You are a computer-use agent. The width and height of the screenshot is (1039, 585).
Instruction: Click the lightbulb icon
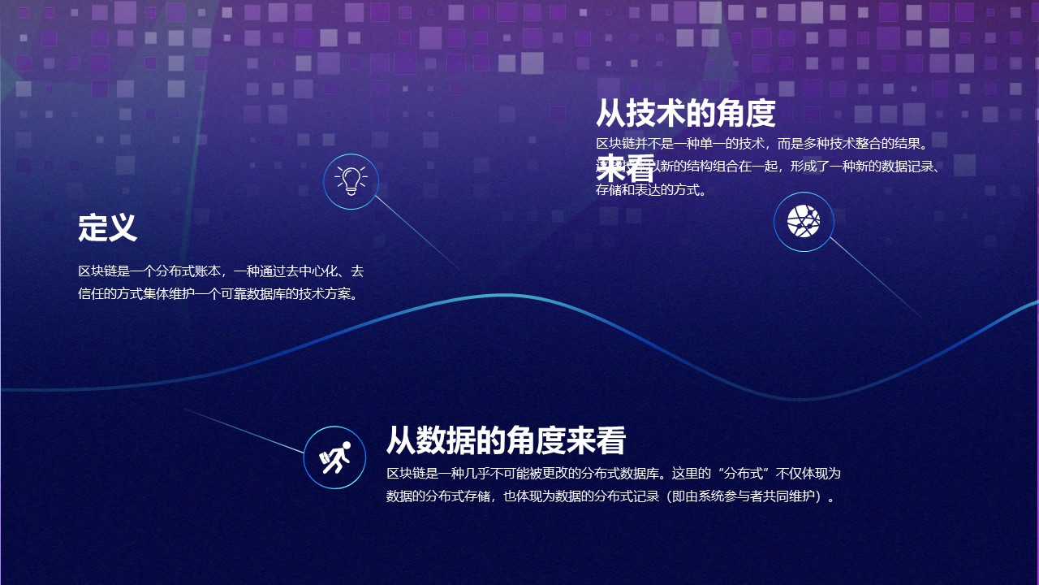[351, 181]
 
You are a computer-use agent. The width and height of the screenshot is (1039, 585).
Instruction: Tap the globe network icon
[804, 222]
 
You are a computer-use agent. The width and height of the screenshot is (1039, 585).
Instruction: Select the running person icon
[334, 457]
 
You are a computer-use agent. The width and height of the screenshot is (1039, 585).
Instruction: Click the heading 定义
[108, 227]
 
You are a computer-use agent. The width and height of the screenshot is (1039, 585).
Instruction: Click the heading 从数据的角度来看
[506, 440]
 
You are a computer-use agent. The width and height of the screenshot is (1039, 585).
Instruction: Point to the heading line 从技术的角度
[686, 114]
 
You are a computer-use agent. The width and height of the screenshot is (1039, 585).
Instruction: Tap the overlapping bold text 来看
[626, 168]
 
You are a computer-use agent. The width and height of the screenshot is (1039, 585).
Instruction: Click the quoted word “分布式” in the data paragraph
[744, 473]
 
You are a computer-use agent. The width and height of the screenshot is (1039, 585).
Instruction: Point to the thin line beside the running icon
[244, 431]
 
